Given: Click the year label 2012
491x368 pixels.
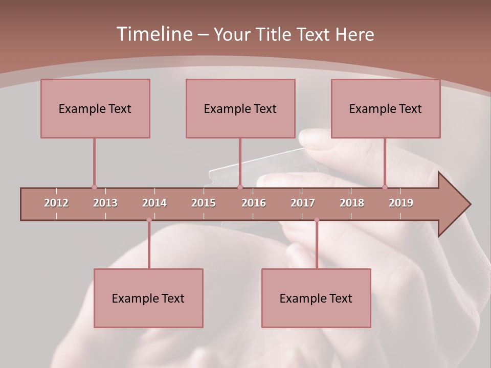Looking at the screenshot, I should tap(56, 203).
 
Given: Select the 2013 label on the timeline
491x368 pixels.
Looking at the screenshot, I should tap(105, 203).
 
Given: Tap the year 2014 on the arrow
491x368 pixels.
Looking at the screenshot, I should tap(154, 203).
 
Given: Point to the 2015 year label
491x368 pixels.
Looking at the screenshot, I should tap(204, 203).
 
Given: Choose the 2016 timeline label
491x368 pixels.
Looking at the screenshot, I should tap(254, 203).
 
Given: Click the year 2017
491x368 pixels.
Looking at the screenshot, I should tap(303, 203).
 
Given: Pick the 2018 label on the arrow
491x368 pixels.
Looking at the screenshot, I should tap(352, 203).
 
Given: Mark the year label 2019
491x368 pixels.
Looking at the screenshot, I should tap(401, 203).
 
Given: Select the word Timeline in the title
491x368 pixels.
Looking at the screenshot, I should tap(153, 34).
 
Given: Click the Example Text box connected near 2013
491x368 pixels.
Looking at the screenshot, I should tap(95, 108).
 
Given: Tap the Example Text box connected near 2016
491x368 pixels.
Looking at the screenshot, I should tap(240, 108).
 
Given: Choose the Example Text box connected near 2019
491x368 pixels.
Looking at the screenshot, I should tap(386, 108).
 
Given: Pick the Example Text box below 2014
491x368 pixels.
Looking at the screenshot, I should tap(148, 298).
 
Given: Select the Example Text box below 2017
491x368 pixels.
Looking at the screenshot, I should tap(316, 298).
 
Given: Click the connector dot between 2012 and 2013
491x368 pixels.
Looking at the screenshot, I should tap(94, 187).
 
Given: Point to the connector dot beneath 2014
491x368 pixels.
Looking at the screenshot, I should tap(149, 220).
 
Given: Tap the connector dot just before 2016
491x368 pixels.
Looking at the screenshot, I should tap(240, 187).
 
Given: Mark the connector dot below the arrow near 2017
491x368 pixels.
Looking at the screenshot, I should tap(317, 220).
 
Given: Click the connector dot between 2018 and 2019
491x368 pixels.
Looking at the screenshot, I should tap(385, 187).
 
